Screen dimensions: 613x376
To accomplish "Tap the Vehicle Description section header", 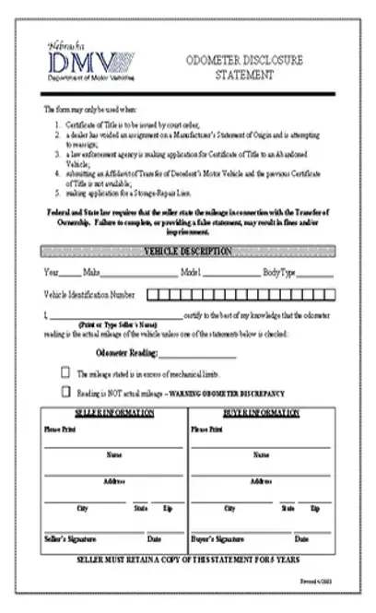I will pos(188,252).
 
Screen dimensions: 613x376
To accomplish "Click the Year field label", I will pos(51,273).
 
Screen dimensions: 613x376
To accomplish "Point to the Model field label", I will pos(191,273).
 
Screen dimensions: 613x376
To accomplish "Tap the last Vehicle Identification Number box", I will pos(327,295).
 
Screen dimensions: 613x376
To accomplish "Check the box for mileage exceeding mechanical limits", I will pos(65,372).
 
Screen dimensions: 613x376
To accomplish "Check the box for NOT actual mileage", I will pos(65,392).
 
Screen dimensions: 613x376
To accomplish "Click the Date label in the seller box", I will pos(153,538).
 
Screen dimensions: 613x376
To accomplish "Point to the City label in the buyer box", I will pos(229,508).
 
